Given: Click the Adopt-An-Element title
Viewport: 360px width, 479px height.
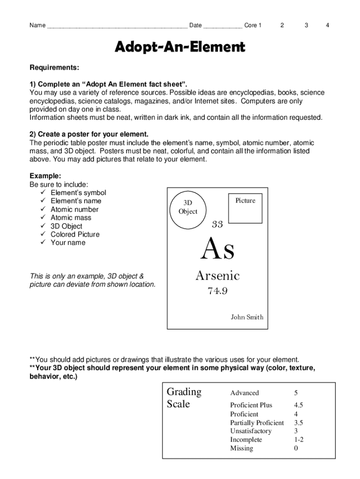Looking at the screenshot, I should (180, 47).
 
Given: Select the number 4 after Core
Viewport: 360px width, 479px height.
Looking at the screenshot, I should (328, 25).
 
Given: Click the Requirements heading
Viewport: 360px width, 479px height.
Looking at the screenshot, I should (54, 68).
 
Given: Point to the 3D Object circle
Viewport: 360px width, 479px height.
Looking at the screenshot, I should (187, 207).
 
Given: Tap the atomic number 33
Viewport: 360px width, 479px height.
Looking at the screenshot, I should (217, 225).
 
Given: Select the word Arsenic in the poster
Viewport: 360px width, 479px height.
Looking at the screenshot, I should (217, 276).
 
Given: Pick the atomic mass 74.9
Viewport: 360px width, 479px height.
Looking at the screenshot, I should (217, 291).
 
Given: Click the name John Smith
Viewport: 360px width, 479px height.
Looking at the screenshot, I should (247, 317).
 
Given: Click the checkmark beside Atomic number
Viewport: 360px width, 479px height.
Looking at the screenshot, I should (43, 210).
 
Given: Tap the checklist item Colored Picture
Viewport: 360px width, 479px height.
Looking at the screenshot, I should (75, 234).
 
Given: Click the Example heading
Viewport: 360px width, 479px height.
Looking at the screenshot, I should (45, 176).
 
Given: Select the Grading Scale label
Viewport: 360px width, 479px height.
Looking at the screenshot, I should (184, 398).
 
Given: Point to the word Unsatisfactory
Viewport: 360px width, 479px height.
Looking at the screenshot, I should (251, 431).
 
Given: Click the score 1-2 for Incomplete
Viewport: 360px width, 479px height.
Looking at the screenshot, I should (299, 440).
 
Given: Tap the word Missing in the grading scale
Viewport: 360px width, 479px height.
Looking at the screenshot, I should (241, 448).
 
